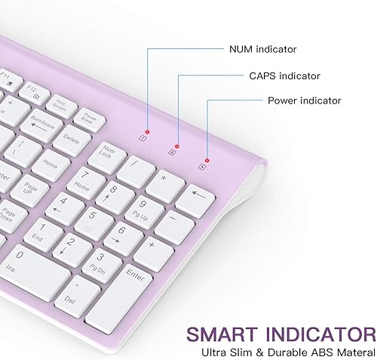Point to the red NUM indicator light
click(148, 131)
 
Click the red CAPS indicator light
click(176, 146)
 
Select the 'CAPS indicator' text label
click(285, 75)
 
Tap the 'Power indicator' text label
click(304, 100)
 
